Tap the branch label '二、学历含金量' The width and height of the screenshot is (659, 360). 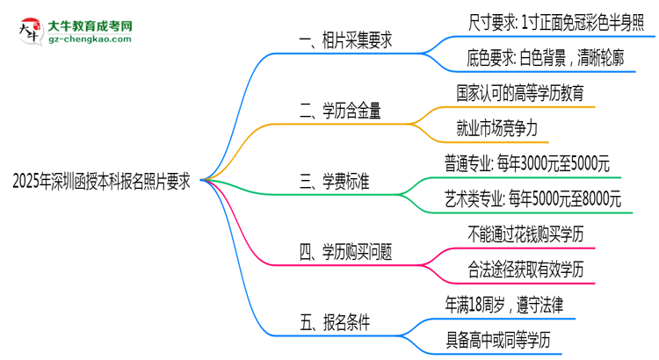pyautogui.click(x=345, y=111)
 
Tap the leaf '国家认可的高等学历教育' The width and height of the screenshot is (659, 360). pyautogui.click(x=520, y=93)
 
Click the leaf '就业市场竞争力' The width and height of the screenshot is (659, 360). pyautogui.click(x=497, y=128)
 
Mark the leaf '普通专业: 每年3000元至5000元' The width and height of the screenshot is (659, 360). pyautogui.click(x=527, y=163)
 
